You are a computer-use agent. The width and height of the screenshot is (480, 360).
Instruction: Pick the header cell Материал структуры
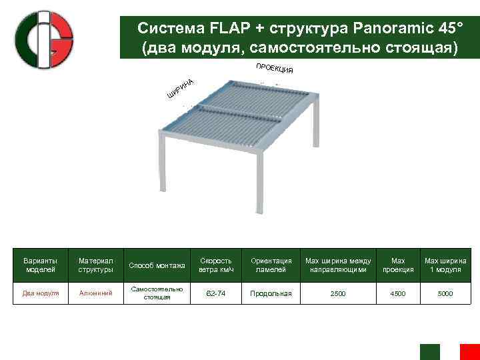point(96,265)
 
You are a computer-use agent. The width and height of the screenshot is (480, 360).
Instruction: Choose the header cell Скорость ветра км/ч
point(215,265)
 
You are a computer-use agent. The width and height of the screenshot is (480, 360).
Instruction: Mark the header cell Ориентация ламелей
point(271,265)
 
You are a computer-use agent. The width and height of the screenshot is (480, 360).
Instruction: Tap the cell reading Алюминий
point(96,293)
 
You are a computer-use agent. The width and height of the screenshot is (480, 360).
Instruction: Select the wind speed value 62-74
point(215,293)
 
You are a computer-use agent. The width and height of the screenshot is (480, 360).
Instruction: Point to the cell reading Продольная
point(271,293)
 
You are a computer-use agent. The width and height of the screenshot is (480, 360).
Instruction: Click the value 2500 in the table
point(338,293)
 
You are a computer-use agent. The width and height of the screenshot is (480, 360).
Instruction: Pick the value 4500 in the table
point(398,293)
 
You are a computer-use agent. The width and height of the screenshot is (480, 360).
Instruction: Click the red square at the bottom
point(470,352)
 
